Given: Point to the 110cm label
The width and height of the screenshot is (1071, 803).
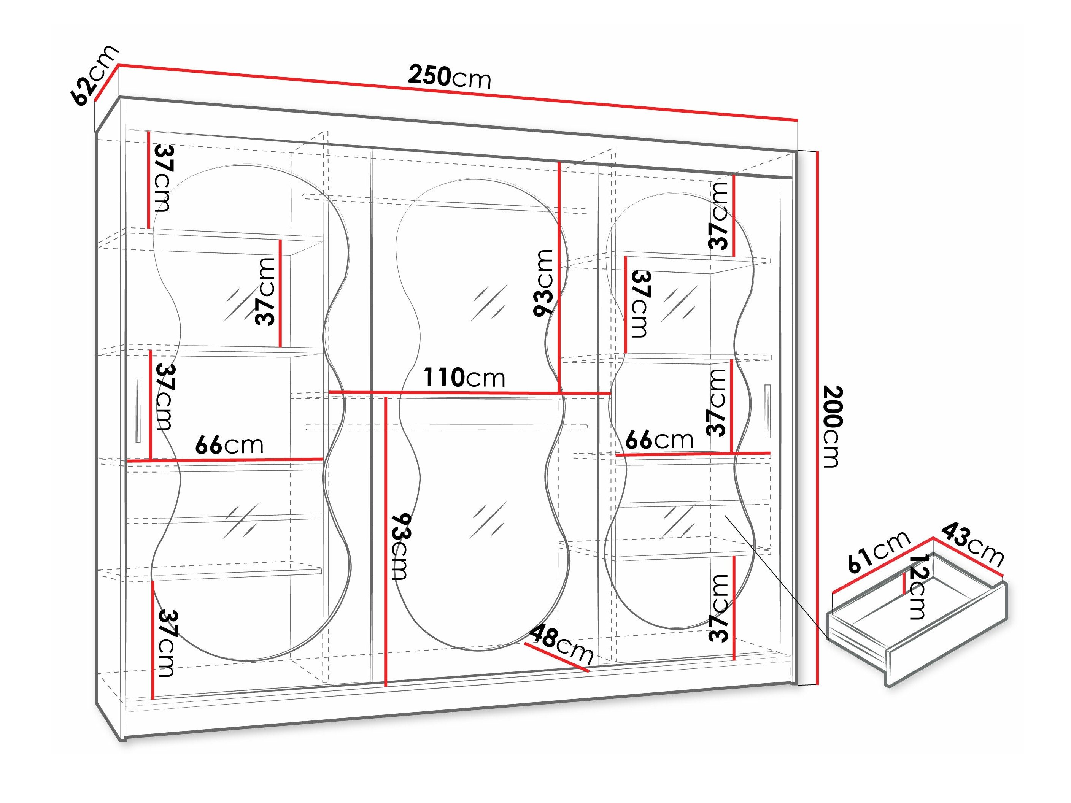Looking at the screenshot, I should point(464,378).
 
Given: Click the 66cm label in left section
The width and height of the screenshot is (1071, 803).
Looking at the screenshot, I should point(229,445).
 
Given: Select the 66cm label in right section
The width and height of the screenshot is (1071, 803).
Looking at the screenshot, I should point(659,440).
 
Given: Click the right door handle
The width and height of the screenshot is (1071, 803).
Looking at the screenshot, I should point(767,411).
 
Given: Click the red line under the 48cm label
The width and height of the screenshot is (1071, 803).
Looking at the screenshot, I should point(557,657).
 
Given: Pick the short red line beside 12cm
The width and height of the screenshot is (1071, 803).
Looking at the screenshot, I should point(904,583).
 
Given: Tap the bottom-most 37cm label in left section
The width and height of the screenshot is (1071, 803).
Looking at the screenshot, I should point(165,643).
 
